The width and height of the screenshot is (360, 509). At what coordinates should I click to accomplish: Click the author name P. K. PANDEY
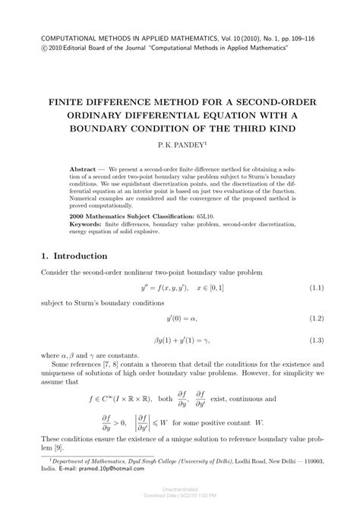179,142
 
